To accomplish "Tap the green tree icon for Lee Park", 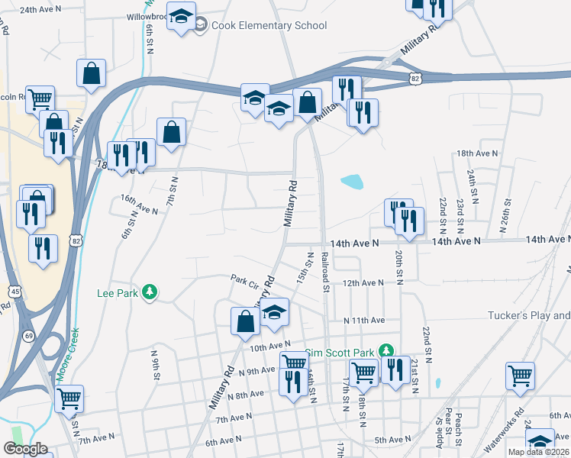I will tap(151, 292).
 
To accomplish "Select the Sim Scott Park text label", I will tap(341, 353).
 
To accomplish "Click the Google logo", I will tap(25, 449).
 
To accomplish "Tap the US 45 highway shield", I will tap(15, 291).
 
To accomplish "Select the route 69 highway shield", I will tap(29, 336).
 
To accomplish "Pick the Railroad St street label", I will tap(325, 273).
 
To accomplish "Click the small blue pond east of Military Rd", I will tap(351, 182).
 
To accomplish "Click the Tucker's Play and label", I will tap(530, 315).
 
